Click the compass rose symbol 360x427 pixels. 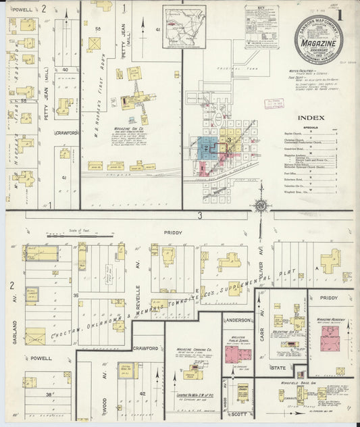click(x=259, y=206)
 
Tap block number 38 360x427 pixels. click(x=49, y=394)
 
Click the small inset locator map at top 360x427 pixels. click(x=184, y=26)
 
